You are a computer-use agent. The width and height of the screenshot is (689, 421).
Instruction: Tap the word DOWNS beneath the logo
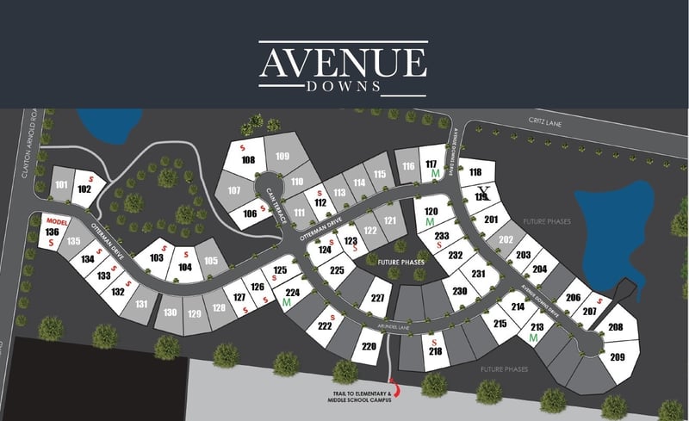tap(343, 87)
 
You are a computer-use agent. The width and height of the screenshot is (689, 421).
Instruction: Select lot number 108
tap(248, 161)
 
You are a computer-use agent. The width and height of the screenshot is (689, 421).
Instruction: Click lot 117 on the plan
tap(431, 164)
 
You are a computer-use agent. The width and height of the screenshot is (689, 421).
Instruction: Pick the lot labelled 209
tap(617, 356)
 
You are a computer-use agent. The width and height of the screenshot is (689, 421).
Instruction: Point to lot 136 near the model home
tap(53, 232)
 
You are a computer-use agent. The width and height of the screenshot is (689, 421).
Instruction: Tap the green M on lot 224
tap(286, 303)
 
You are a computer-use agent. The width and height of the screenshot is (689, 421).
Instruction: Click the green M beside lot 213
tap(534, 337)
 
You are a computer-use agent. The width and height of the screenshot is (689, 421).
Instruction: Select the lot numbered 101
tap(61, 185)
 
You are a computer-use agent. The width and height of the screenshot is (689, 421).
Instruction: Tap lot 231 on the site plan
tap(479, 275)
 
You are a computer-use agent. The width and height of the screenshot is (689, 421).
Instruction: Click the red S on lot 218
tap(432, 342)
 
